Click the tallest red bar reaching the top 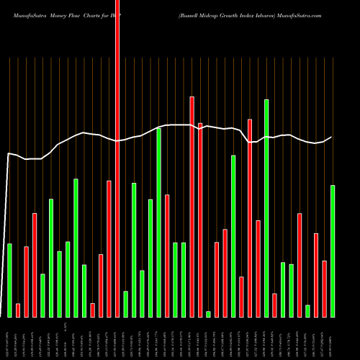tap(117, 158)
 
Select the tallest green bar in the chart tap(266, 208)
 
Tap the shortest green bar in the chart tap(208, 314)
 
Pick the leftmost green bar tap(9, 280)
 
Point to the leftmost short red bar tap(18, 310)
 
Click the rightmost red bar tap(325, 288)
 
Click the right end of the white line tap(332, 137)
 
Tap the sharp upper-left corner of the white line tap(9, 153)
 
